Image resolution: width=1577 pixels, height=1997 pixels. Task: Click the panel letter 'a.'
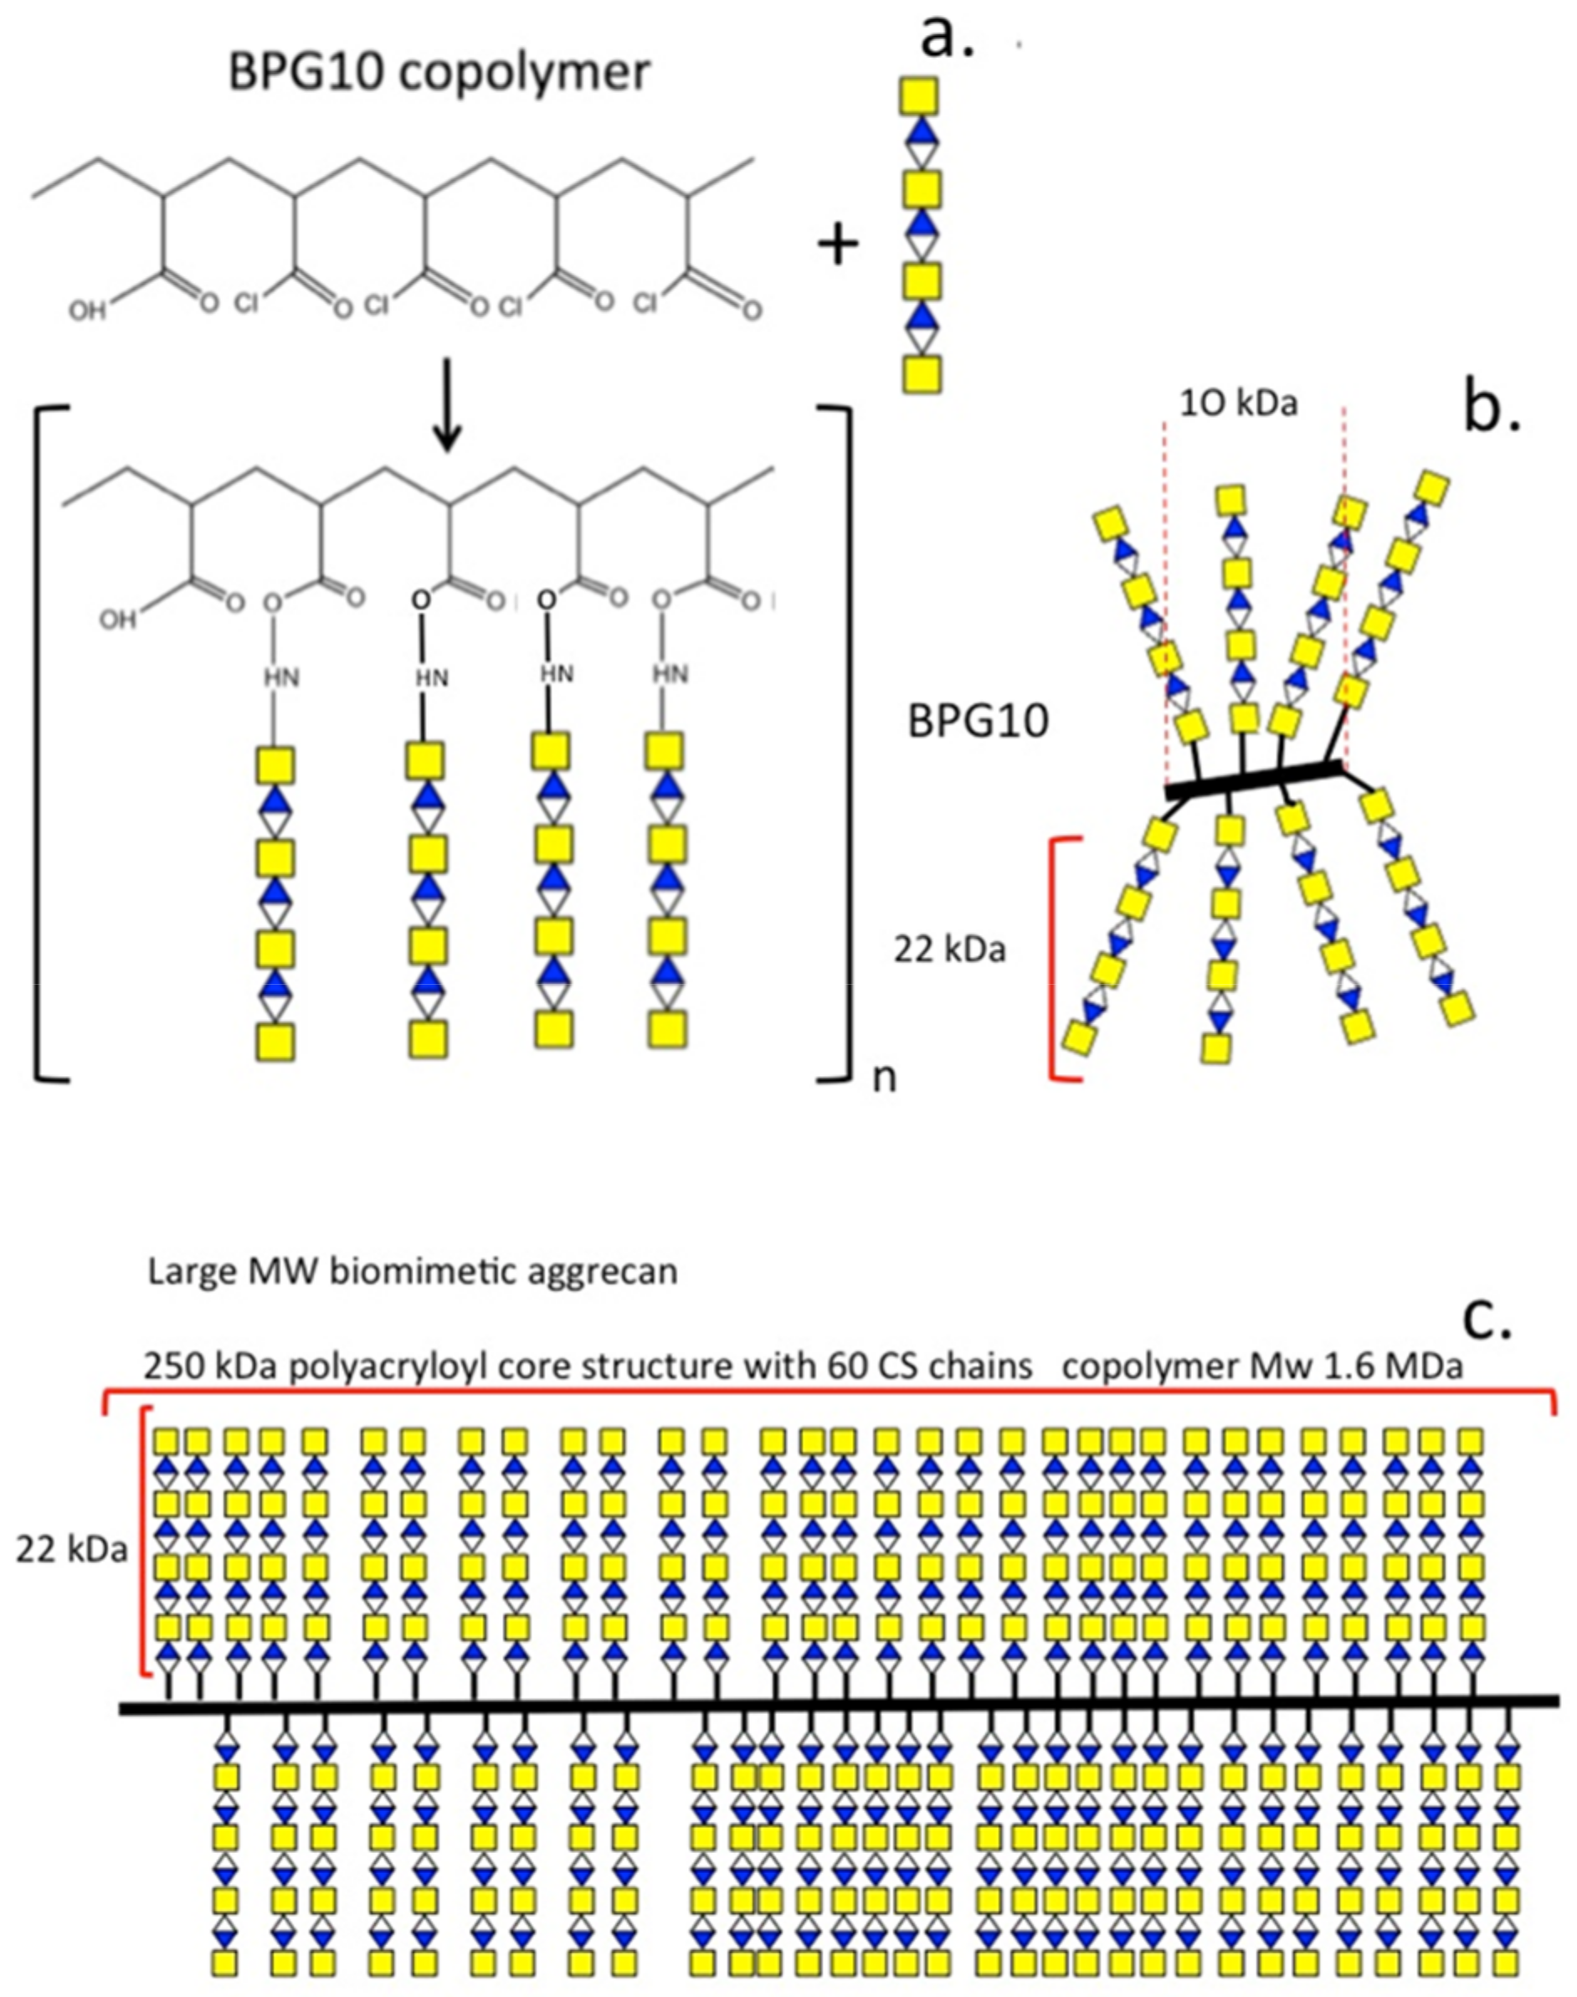coord(948,39)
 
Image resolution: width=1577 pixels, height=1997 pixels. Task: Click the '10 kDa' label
coord(1238,404)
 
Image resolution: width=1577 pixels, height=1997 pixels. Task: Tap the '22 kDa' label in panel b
coord(948,949)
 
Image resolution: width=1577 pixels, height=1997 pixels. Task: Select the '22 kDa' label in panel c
coord(71,1550)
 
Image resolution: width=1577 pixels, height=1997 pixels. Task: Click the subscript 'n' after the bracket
coord(884,1078)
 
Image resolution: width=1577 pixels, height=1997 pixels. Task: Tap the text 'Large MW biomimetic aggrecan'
coord(413,1272)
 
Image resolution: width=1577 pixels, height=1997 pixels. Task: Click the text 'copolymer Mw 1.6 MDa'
coord(1262,1367)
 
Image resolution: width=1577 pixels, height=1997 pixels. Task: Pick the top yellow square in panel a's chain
coord(919,95)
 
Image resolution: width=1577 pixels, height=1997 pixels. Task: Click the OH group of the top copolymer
coord(88,311)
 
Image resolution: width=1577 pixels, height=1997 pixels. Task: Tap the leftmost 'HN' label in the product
coord(281,677)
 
